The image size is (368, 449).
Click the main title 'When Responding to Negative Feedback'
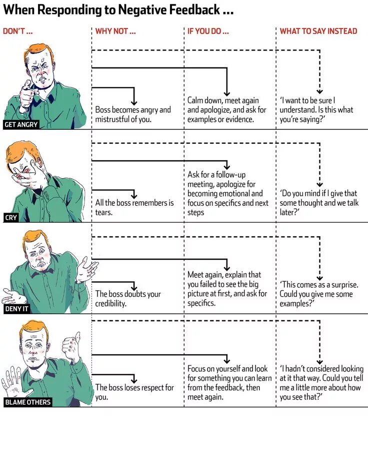point(118,10)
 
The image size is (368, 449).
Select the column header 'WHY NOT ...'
point(115,31)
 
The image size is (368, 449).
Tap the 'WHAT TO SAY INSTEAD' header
point(318,31)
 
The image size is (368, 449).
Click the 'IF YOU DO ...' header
point(208,31)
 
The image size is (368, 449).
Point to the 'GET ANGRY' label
point(21,124)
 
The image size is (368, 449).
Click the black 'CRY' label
point(11,217)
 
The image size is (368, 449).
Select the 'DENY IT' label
point(17,309)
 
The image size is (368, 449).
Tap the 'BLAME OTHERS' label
point(27,402)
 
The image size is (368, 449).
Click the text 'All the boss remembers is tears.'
point(134,207)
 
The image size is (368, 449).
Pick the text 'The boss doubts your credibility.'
point(128,299)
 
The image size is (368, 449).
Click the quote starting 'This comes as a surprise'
point(318,294)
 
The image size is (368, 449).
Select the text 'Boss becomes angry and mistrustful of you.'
point(133,114)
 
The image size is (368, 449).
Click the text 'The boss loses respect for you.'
point(134,392)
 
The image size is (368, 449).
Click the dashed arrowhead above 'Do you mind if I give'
point(320,185)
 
